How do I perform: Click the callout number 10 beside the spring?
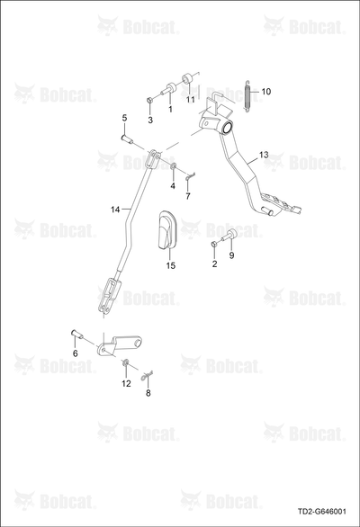tap(265, 92)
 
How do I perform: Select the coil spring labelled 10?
tap(248, 96)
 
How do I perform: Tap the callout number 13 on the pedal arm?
tap(264, 155)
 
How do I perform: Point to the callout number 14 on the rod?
tap(115, 210)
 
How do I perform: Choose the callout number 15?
tap(171, 265)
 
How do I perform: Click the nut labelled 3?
tap(150, 100)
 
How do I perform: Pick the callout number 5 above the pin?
tap(124, 118)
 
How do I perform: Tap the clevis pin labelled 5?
tap(127, 138)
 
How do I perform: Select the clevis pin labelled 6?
tap(77, 335)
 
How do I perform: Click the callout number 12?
tap(126, 383)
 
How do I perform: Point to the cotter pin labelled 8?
tap(147, 376)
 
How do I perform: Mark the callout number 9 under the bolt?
tap(231, 255)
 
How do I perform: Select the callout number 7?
tap(188, 196)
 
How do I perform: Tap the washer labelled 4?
tap(174, 165)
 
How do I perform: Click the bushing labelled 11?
tap(187, 78)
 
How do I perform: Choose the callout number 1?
tap(170, 109)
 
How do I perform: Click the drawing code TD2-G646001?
tap(321, 512)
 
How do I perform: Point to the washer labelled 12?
tap(125, 362)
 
